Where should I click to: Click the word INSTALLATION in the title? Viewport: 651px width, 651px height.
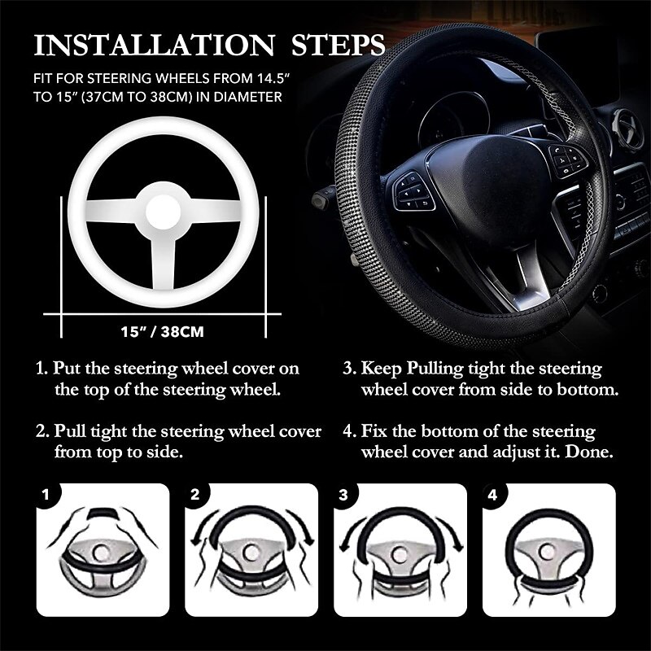(x=154, y=45)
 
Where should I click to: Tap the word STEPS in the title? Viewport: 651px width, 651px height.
(x=338, y=45)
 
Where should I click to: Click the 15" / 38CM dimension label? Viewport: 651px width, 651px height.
(x=162, y=332)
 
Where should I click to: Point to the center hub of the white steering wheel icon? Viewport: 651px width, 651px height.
(x=164, y=212)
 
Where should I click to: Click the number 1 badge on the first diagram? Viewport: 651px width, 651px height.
(x=46, y=494)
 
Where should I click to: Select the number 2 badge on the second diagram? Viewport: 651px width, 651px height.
(x=195, y=494)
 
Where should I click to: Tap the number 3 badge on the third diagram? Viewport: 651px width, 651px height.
(x=343, y=494)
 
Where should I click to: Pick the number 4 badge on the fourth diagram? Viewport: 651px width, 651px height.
(x=493, y=494)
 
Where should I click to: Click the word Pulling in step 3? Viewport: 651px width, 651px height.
(x=435, y=369)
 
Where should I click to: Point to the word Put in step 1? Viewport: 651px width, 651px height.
(x=67, y=369)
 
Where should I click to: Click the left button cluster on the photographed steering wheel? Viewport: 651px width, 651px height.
(x=413, y=192)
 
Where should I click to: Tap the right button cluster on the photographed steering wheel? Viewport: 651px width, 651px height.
(x=567, y=160)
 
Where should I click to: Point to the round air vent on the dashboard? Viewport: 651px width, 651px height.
(x=627, y=129)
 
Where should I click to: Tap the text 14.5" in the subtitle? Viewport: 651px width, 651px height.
(x=267, y=77)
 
